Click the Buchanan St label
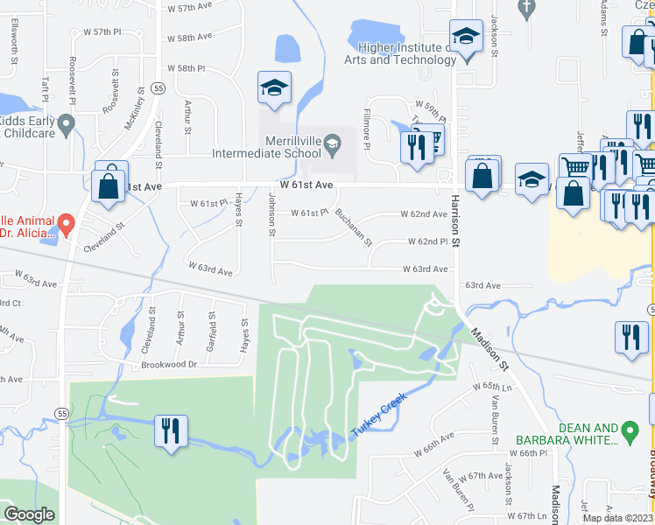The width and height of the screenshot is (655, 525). click(354, 227)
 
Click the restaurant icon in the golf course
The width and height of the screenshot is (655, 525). click(169, 430)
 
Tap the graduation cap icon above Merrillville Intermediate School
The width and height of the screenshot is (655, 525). click(274, 89)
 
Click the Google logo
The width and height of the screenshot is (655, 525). click(29, 514)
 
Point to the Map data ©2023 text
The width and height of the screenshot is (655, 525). click(617, 518)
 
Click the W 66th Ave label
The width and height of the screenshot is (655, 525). click(435, 436)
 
